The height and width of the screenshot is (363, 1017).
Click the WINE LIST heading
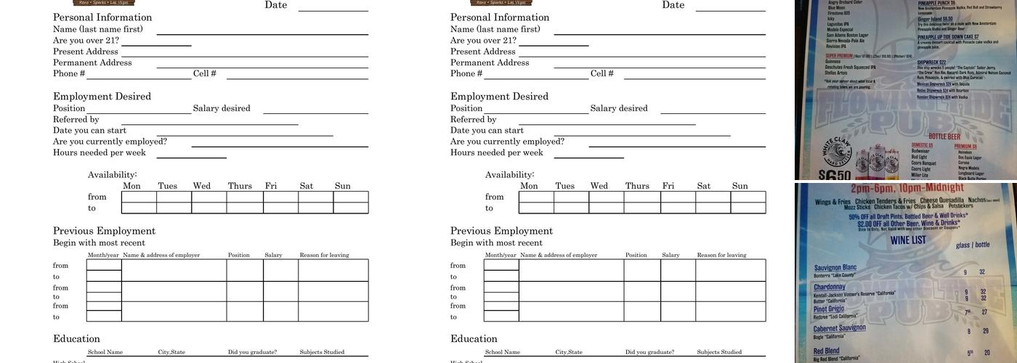(908, 240)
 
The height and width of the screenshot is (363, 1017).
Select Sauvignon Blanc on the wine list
(835, 268)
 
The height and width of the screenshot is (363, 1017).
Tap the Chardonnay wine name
(830, 287)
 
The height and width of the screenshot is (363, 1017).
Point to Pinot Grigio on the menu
(829, 309)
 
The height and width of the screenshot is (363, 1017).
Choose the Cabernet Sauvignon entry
(839, 328)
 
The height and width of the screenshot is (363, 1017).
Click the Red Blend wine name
(827, 351)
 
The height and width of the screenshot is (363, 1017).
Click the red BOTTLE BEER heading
(944, 136)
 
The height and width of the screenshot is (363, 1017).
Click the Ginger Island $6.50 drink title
(935, 19)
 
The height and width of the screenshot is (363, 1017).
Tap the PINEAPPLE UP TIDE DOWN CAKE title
(947, 36)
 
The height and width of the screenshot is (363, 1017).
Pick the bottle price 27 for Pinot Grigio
(984, 312)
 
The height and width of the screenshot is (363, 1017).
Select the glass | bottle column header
(973, 245)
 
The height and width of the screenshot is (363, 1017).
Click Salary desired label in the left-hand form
(222, 109)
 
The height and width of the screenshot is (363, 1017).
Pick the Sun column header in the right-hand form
(740, 186)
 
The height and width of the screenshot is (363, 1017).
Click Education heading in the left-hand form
(76, 339)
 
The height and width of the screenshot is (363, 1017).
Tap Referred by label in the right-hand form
(474, 120)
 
